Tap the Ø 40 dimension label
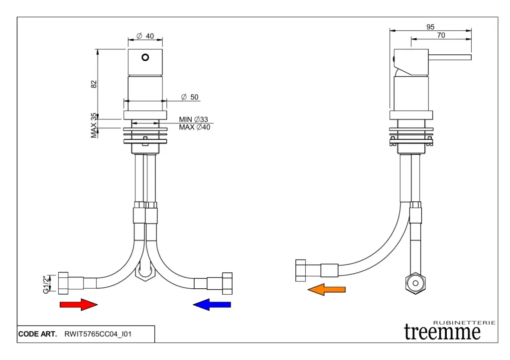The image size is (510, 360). [x=145, y=36]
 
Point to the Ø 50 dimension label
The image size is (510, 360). [x=190, y=97]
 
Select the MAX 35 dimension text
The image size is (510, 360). [x=94, y=125]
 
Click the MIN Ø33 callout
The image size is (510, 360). [x=193, y=120]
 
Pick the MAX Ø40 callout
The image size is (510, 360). [x=194, y=127]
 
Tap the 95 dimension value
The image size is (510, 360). [x=431, y=27]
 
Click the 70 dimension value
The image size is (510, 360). [x=441, y=35]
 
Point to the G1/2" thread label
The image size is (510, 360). [x=46, y=284]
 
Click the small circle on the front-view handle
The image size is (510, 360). [x=145, y=57]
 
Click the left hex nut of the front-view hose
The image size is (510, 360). [x=63, y=283]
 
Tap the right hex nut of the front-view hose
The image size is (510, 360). [x=227, y=283]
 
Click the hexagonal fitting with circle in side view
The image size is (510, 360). [x=414, y=283]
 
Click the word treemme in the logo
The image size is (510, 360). [x=442, y=332]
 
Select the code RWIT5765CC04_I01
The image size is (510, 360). [x=98, y=334]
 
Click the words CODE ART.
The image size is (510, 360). [x=37, y=334]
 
